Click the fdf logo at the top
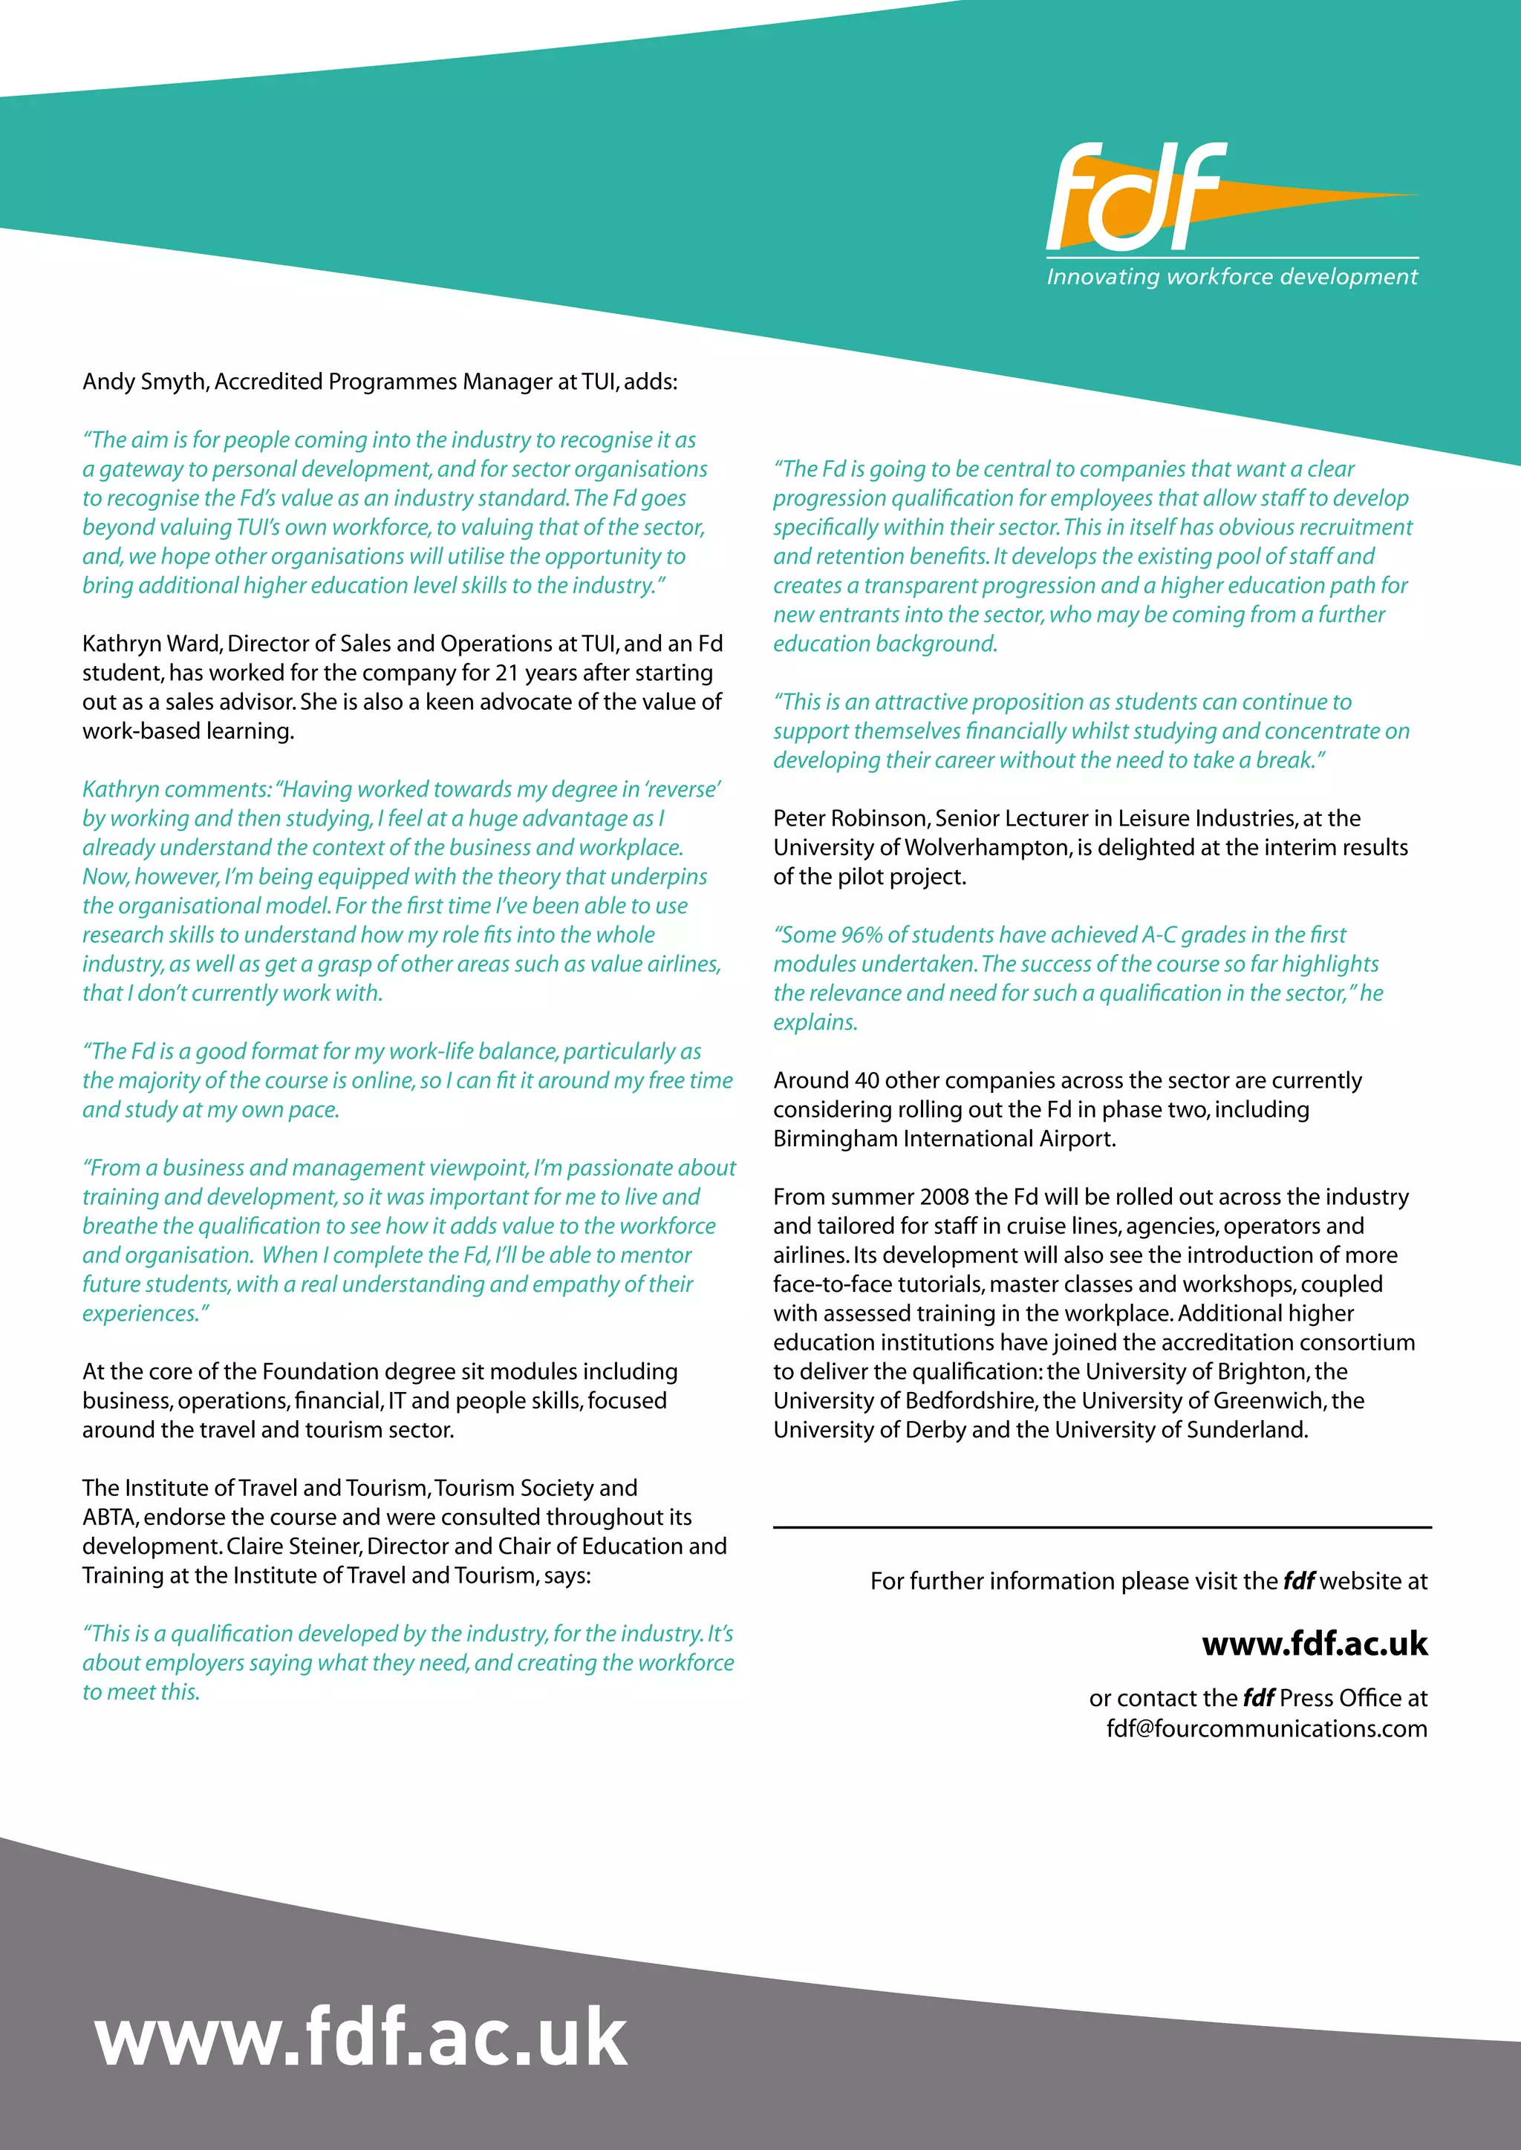(x=1138, y=197)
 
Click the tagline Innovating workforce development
(x=1231, y=277)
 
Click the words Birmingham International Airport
(x=943, y=1139)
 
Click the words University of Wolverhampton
(x=922, y=847)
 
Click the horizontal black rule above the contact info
(x=1101, y=1527)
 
